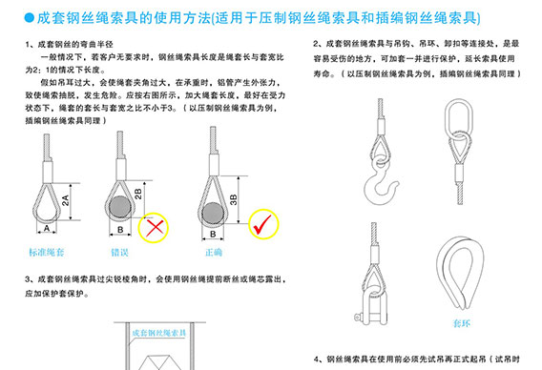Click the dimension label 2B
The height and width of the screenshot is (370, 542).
139,194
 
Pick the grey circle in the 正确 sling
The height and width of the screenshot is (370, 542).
217,208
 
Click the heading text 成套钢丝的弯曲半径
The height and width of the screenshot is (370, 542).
77,46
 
